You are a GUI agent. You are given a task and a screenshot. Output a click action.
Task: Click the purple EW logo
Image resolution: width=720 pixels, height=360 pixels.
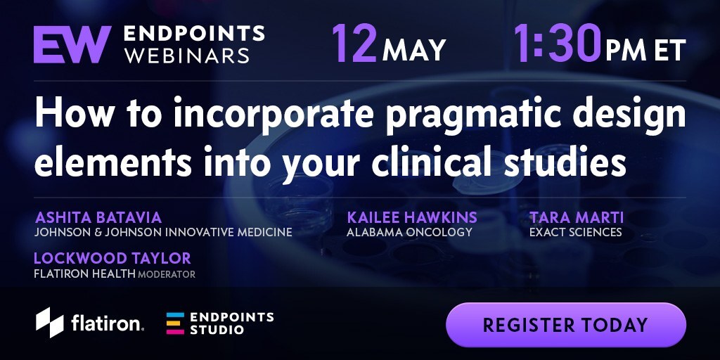[x=72, y=44]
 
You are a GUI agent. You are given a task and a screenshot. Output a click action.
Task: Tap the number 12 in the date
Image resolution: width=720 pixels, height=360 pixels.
[x=354, y=44]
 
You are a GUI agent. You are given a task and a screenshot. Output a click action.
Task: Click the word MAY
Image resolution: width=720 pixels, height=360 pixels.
[x=414, y=50]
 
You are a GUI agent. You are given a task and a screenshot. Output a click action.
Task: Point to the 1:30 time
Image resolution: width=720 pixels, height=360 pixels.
[x=557, y=44]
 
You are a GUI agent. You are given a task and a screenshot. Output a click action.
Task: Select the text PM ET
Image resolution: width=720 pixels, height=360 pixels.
[x=645, y=50]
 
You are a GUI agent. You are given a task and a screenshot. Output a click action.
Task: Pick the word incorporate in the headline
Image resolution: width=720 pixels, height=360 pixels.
[x=274, y=115]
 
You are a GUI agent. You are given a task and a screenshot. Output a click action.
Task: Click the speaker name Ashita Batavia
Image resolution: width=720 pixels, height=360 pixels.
[x=98, y=217]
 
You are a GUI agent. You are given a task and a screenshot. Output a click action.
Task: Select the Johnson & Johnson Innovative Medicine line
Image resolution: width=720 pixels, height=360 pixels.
[x=163, y=232]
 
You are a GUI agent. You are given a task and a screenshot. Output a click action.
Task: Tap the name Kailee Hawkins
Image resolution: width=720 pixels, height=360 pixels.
[x=412, y=217]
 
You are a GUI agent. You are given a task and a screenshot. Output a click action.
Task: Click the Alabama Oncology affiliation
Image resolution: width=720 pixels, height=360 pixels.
[x=409, y=232]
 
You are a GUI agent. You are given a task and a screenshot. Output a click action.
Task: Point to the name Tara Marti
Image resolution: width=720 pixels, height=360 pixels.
[x=577, y=217]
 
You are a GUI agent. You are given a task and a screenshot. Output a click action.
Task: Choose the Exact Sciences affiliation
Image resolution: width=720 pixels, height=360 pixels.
[x=575, y=232]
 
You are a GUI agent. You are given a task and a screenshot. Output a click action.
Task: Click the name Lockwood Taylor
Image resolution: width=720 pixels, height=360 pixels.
[x=112, y=259]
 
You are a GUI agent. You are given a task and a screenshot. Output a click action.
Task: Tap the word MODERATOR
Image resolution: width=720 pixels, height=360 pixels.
[x=167, y=275]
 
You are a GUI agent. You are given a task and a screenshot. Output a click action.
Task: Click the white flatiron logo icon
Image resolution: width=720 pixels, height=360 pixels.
[x=50, y=322]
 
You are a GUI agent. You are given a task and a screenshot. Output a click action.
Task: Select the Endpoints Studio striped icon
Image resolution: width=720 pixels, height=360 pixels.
[x=175, y=323]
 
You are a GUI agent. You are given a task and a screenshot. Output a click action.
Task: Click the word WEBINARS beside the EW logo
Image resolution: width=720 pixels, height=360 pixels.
[x=187, y=56]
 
